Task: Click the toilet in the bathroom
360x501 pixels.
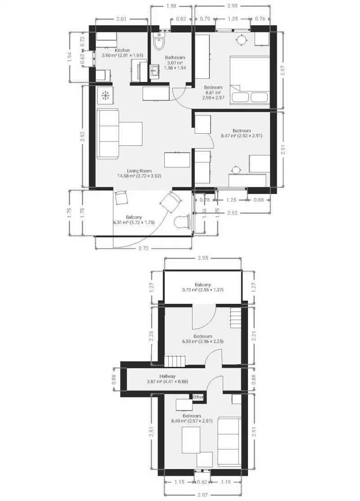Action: pyautogui.click(x=158, y=42)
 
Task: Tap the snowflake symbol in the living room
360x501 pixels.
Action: pyautogui.click(x=105, y=95)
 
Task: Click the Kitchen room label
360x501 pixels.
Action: pyautogui.click(x=122, y=50)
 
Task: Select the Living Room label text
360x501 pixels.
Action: pyautogui.click(x=139, y=171)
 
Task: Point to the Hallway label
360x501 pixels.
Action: pyautogui.click(x=167, y=376)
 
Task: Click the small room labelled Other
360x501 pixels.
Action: pyautogui.click(x=198, y=397)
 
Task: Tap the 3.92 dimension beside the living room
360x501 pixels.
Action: pyautogui.click(x=82, y=136)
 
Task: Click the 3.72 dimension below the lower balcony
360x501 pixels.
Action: pyautogui.click(x=144, y=248)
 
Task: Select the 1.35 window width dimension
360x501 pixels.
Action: pyautogui.click(x=233, y=19)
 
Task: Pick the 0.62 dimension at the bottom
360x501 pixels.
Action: pyautogui.click(x=202, y=482)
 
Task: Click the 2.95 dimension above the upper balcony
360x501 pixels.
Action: pyautogui.click(x=203, y=258)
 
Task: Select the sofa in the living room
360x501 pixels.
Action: pyautogui.click(x=108, y=134)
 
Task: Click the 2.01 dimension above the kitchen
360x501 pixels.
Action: pyautogui.click(x=121, y=19)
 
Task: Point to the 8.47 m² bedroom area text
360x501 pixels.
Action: pyautogui.click(x=242, y=136)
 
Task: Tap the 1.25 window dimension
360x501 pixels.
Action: pyautogui.click(x=231, y=200)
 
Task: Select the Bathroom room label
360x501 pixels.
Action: pyautogui.click(x=175, y=58)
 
